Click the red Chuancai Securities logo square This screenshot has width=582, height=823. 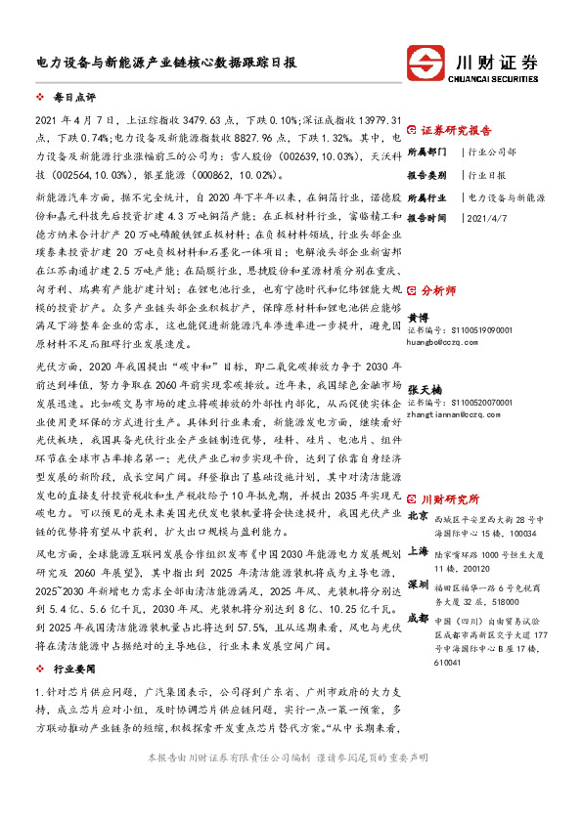(x=428, y=66)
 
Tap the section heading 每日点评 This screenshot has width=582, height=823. (x=68, y=101)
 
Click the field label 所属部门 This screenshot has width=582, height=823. (x=426, y=152)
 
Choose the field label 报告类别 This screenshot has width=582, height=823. (x=426, y=175)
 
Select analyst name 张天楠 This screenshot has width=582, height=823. (x=422, y=389)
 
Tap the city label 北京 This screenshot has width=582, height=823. (x=418, y=515)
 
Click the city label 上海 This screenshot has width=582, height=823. (x=418, y=552)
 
